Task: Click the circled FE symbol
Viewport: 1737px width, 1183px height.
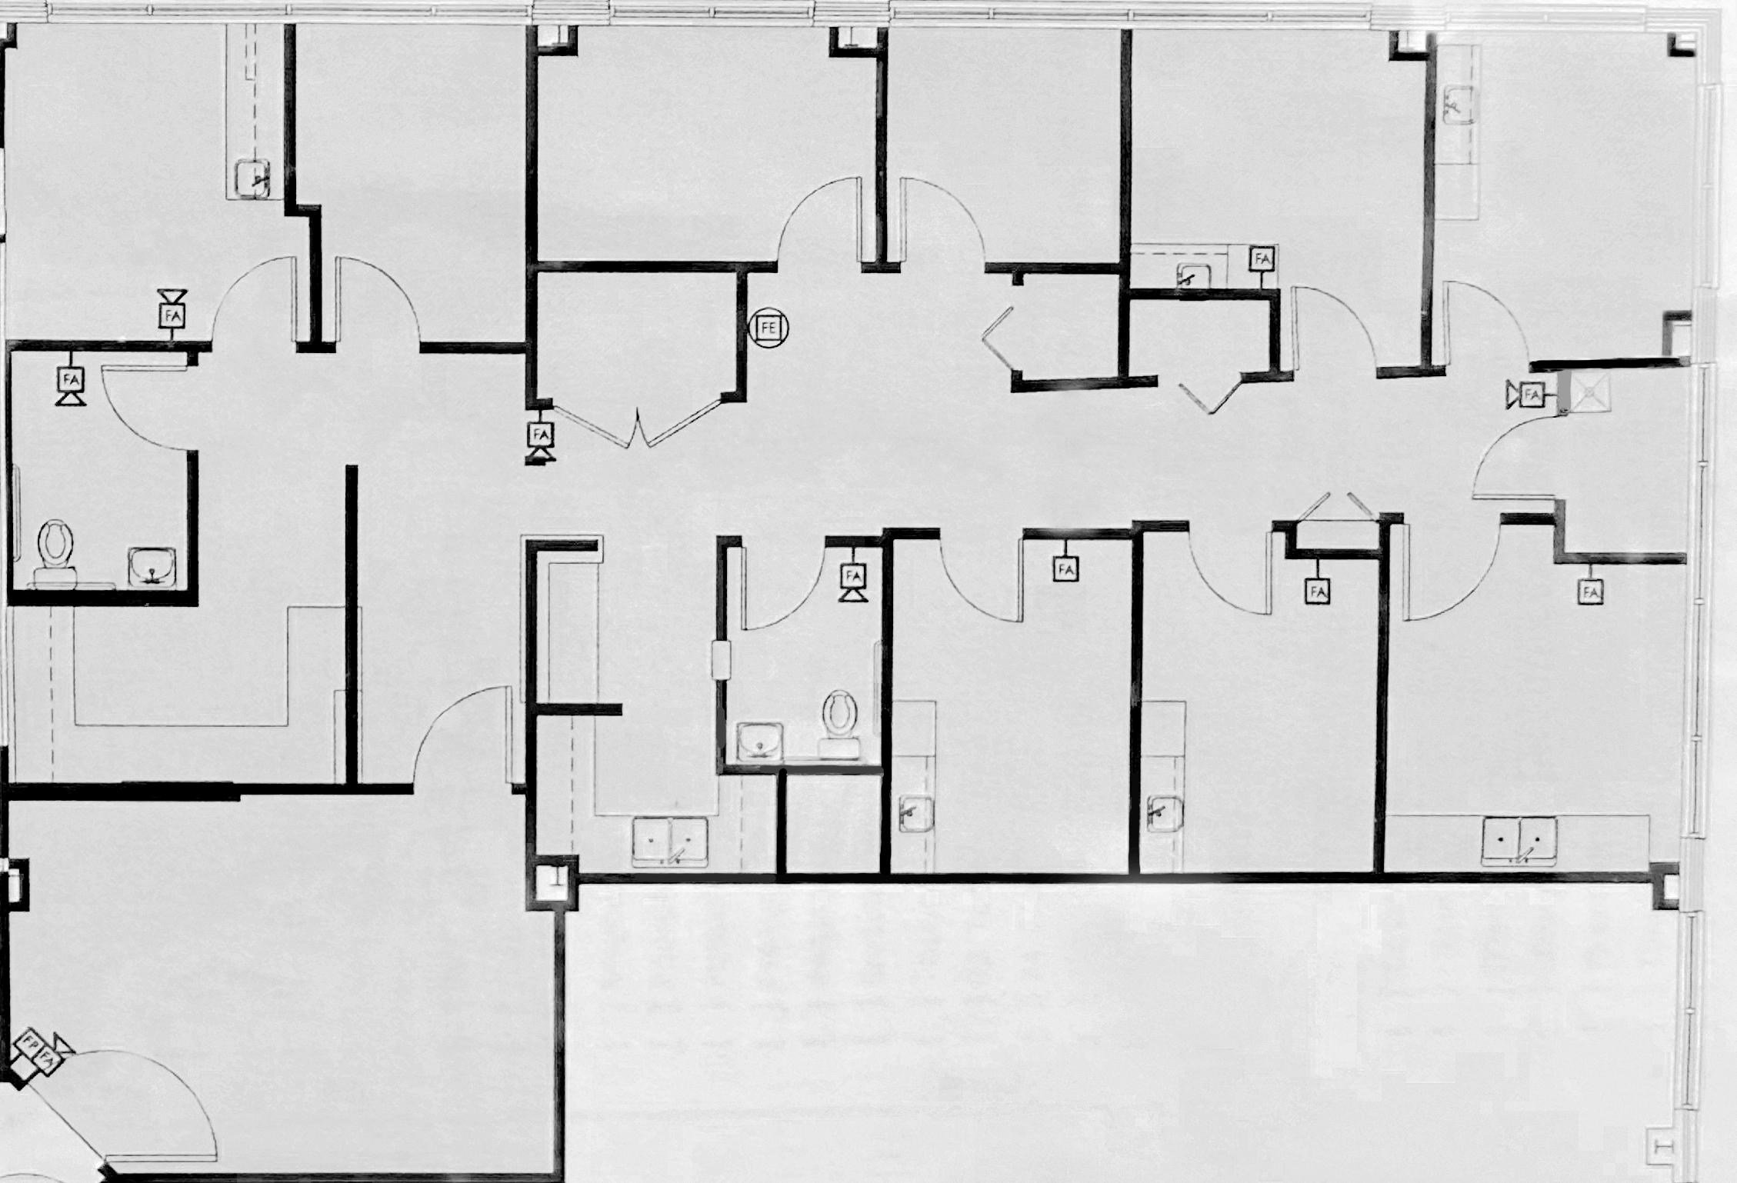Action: pos(768,328)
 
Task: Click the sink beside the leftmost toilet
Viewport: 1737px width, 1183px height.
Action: pos(152,568)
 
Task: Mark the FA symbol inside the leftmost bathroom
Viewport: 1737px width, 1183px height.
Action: pos(72,379)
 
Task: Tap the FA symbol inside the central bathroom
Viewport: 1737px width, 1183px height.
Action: pos(853,576)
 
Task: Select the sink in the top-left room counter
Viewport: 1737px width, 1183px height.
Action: pos(253,179)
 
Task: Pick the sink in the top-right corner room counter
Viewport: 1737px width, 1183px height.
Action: pos(1459,105)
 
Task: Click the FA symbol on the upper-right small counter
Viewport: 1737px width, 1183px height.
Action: pos(1262,259)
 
